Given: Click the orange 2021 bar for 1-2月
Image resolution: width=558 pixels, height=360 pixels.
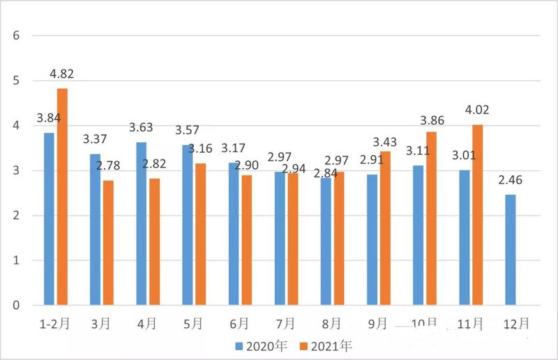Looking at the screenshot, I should pos(63,197).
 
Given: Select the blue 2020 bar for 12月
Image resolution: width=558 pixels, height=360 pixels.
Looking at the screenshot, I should pos(511,250).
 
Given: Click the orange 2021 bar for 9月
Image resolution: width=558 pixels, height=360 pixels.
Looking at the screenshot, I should pos(385,228).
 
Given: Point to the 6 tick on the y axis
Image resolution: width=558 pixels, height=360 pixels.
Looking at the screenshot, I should pos(16,36).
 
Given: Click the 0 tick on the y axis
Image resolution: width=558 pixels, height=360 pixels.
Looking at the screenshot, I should pos(16,306).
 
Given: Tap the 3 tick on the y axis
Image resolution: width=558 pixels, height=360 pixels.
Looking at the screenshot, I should pos(16,170).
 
